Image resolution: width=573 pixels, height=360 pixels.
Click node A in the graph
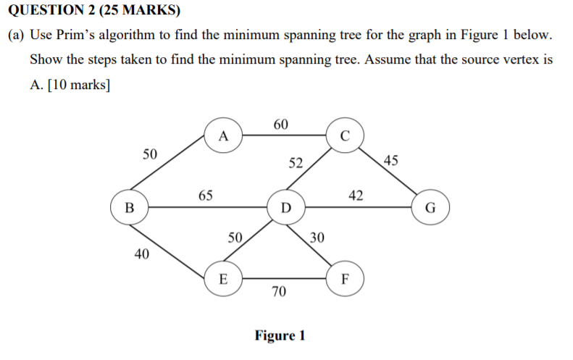(223, 135)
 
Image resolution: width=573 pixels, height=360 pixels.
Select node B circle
(130, 207)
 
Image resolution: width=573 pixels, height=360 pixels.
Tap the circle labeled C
(345, 135)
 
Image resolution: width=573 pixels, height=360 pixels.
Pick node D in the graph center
(286, 207)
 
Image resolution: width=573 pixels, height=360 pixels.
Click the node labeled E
(223, 278)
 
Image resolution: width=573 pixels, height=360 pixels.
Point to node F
(345, 278)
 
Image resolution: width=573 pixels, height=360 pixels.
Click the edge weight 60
(281, 125)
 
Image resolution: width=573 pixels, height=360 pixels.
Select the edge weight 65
(205, 195)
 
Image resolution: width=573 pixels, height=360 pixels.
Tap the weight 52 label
(296, 163)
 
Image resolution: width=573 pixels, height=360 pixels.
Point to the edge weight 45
(390, 159)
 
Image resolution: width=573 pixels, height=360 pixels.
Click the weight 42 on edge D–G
(356, 195)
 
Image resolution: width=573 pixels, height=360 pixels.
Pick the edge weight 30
(317, 237)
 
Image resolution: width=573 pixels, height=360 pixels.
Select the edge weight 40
(143, 254)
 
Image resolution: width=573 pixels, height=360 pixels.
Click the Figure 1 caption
(280, 336)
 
